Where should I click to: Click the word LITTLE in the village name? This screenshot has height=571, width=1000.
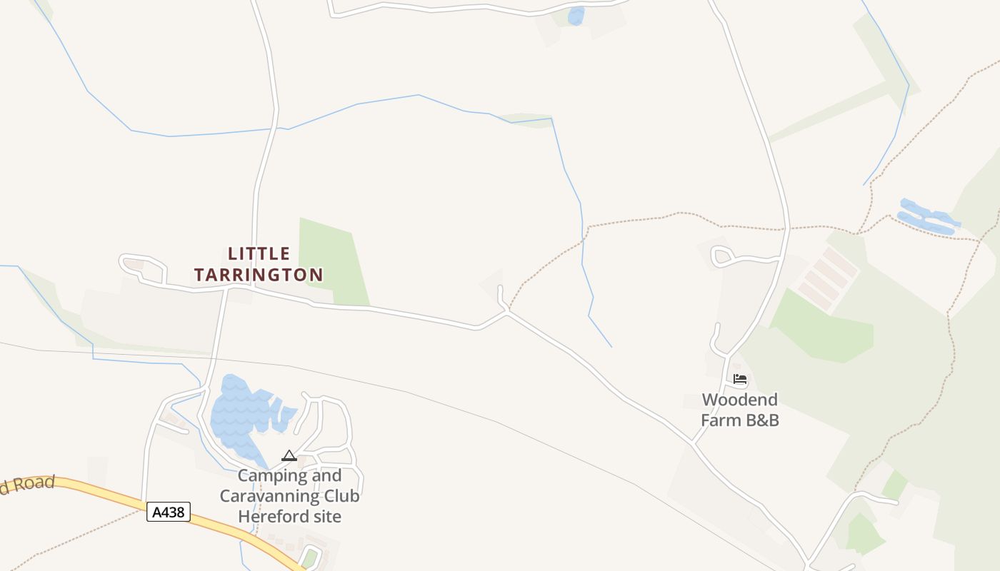click(259, 253)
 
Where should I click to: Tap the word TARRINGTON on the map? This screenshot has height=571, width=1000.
click(259, 275)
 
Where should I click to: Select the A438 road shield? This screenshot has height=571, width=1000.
click(169, 512)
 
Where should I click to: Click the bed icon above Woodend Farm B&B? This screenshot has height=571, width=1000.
click(740, 379)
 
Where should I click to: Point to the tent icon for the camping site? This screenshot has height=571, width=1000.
click(289, 455)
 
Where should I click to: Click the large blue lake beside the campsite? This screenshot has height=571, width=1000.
click(239, 414)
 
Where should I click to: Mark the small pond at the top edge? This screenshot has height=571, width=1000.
click(576, 15)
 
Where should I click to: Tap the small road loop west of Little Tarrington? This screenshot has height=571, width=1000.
click(143, 266)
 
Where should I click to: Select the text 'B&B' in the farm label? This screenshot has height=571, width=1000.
click(762, 420)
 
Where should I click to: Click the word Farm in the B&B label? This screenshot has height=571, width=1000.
click(720, 420)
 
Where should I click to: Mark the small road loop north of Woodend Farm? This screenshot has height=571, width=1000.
click(723, 255)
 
